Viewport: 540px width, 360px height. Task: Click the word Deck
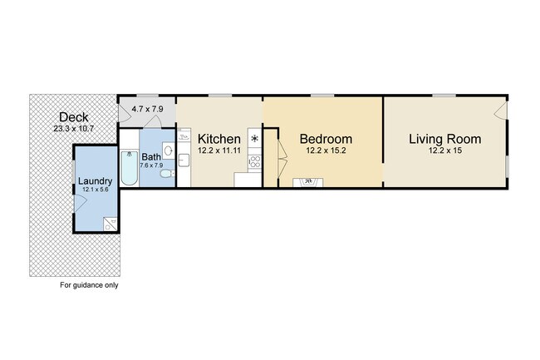(74, 117)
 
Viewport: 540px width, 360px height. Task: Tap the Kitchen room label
(219, 139)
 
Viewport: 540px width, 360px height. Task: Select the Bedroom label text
(326, 139)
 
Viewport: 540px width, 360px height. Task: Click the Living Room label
(445, 139)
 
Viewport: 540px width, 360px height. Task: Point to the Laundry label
(95, 181)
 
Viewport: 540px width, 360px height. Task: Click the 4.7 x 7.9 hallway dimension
(147, 109)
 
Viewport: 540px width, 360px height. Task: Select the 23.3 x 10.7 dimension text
(74, 129)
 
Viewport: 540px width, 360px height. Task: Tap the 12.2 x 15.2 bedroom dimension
(326, 150)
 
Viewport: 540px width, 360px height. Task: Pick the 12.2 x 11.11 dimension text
(219, 150)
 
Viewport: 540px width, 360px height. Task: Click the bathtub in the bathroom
(130, 169)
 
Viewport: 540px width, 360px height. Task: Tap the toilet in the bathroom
(167, 173)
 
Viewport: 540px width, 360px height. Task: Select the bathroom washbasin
(169, 150)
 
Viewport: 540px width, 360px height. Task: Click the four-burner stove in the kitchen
(255, 162)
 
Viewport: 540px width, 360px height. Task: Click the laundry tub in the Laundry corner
(110, 224)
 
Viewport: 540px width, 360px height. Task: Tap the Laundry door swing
(81, 203)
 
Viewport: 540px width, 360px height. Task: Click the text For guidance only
(89, 285)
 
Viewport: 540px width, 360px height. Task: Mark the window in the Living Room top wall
(444, 95)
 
